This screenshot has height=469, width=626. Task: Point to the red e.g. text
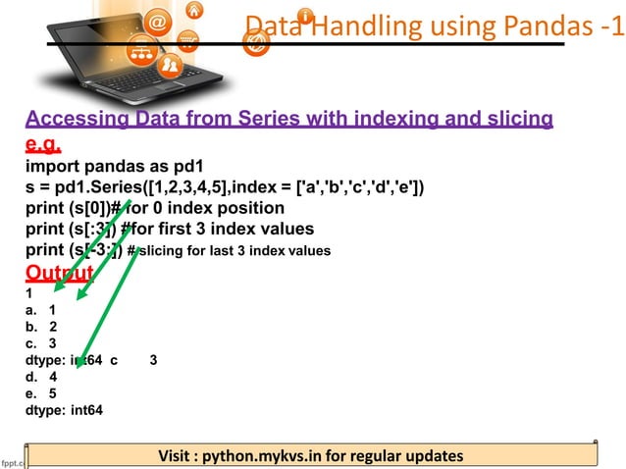[44, 145]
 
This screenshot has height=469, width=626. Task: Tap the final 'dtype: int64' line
[64, 410]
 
